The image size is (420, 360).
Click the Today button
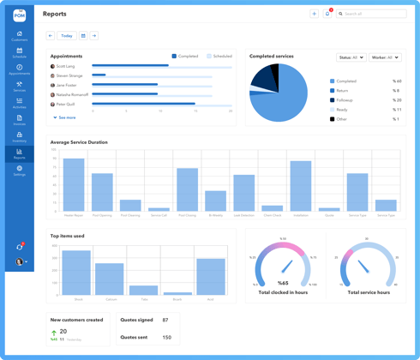point(66,36)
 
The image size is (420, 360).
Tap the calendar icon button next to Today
point(83,36)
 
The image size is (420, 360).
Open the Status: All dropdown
point(351,57)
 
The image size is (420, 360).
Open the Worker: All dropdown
point(385,57)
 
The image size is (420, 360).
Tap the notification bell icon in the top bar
point(327,14)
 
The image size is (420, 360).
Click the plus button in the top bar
point(314,14)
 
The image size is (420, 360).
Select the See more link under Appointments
point(64,117)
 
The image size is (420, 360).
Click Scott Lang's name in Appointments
point(65,66)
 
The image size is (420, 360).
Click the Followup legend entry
point(345,100)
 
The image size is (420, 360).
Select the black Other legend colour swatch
point(333,119)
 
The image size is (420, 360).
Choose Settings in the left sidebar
point(19,171)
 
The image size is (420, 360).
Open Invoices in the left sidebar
point(19,120)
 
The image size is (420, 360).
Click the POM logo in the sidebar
point(19,15)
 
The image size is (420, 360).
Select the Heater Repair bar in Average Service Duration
point(74,184)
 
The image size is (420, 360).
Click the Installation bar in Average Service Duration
point(300,186)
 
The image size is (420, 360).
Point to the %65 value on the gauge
point(283,283)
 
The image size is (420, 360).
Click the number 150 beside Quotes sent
point(166,337)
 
